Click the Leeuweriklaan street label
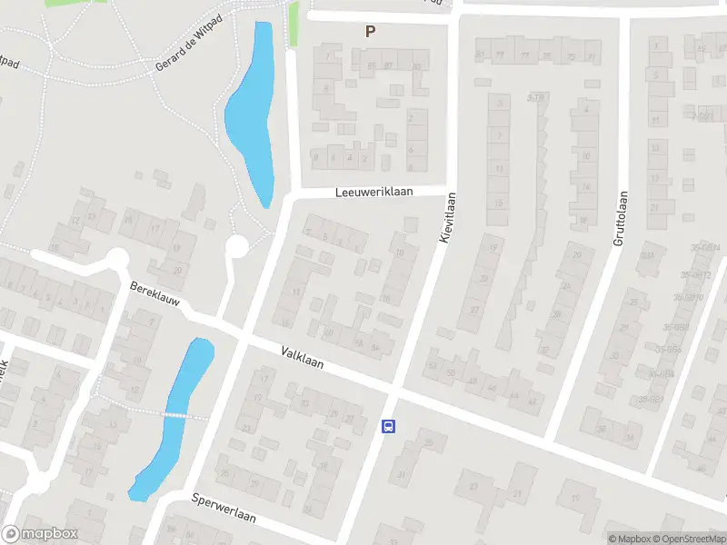(373, 193)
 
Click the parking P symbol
(370, 32)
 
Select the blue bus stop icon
(388, 427)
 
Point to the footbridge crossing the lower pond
(185, 415)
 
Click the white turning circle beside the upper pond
(237, 246)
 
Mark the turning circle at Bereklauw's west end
(116, 261)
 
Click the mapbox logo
(40, 534)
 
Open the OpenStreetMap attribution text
(689, 539)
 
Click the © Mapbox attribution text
(629, 539)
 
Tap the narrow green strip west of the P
(294, 25)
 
